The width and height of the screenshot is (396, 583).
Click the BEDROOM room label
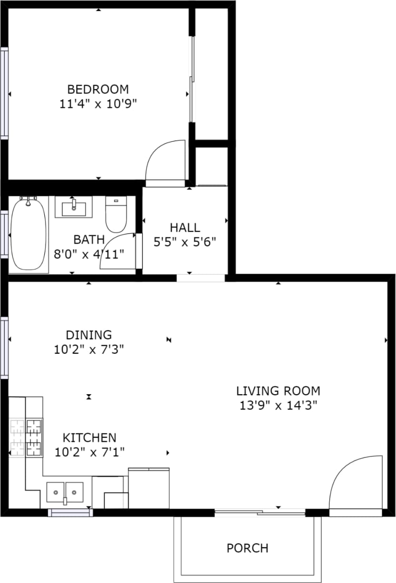pyautogui.click(x=98, y=89)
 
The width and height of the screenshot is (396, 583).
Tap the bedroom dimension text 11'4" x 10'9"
pyautogui.click(x=98, y=104)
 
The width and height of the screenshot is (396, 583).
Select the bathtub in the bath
pyautogui.click(x=29, y=235)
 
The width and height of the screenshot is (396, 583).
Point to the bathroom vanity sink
pyautogui.click(x=74, y=208)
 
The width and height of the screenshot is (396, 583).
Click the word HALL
pyautogui.click(x=185, y=228)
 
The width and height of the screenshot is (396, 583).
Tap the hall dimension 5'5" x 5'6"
pyautogui.click(x=185, y=242)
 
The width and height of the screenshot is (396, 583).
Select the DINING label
pyautogui.click(x=89, y=335)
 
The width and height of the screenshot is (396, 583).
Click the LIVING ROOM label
pyautogui.click(x=278, y=391)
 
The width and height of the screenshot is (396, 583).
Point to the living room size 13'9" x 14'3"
pyautogui.click(x=278, y=406)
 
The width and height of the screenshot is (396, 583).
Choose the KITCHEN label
pyautogui.click(x=90, y=438)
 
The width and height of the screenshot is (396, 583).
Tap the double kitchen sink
pyautogui.click(x=65, y=491)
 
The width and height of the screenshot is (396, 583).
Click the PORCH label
pyautogui.click(x=247, y=548)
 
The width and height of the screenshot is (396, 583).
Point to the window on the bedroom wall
pyautogui.click(x=4, y=93)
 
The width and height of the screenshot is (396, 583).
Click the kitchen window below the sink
pyautogui.click(x=70, y=513)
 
